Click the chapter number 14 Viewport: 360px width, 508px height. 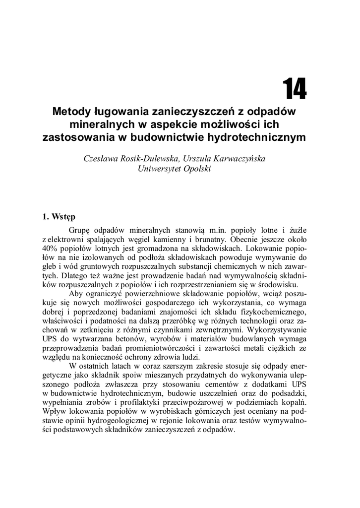295,89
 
